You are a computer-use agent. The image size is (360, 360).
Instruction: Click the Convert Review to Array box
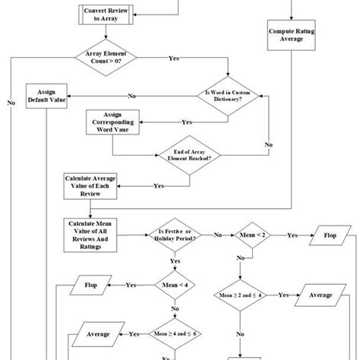tap(108, 16)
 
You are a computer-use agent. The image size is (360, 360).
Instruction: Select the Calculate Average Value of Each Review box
tap(89, 185)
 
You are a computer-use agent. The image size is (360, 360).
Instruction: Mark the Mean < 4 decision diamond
tap(176, 285)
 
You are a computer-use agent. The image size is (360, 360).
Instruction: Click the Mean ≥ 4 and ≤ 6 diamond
tap(176, 333)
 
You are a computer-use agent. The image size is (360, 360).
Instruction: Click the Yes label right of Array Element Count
tap(174, 58)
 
